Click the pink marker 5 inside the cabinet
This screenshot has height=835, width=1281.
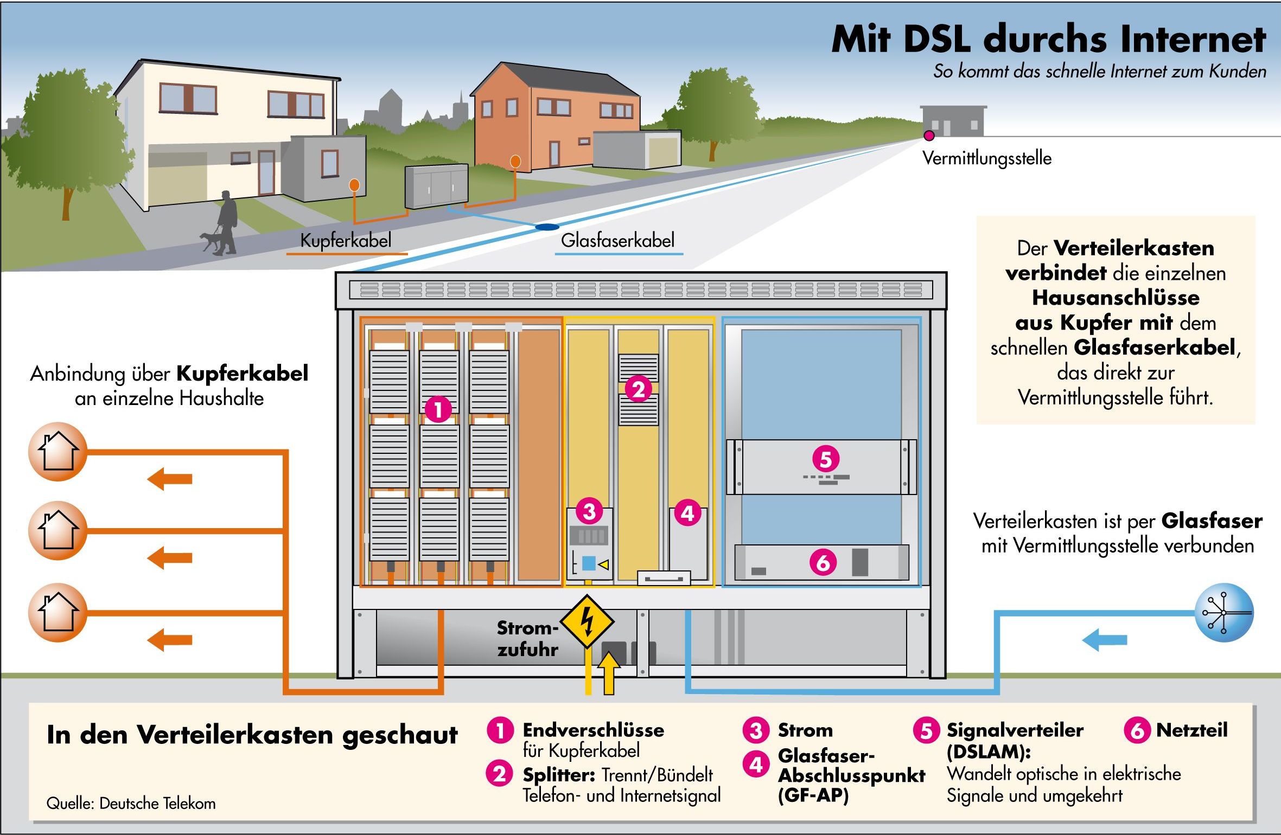[825, 459]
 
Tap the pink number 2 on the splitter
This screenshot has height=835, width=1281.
[638, 389]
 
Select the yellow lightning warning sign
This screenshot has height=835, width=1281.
[587, 621]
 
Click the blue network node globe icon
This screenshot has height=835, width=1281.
[1224, 613]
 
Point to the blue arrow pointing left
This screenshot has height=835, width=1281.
[1105, 640]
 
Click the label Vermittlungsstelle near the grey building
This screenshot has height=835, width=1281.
[987, 158]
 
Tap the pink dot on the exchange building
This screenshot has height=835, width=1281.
[929, 135]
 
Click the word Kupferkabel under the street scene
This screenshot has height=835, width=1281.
[346, 240]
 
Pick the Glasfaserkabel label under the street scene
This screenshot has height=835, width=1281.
[617, 240]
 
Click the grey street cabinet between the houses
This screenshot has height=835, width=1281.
[436, 186]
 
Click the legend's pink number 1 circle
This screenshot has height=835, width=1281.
[500, 730]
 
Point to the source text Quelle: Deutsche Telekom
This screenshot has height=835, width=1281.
[131, 803]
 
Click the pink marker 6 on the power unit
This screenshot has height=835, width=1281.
[823, 563]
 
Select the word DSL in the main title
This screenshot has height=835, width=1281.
[936, 39]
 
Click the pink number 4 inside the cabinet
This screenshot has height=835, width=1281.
[687, 513]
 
